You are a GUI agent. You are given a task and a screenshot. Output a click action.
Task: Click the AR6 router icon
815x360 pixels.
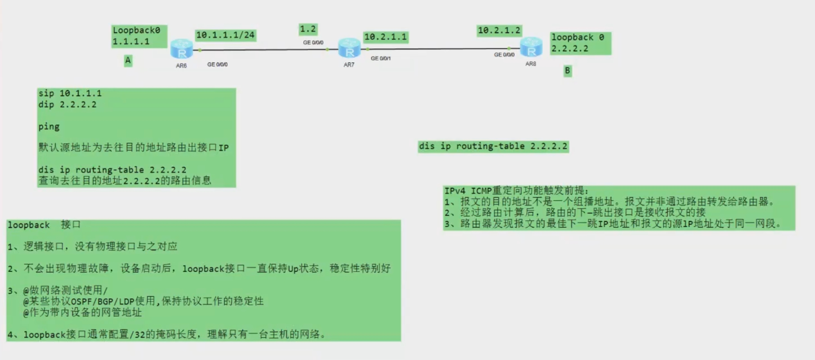point(181,49)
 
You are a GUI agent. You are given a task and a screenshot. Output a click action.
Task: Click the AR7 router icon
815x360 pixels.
point(349,48)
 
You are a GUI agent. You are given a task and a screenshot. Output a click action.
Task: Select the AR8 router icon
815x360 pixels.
point(531,47)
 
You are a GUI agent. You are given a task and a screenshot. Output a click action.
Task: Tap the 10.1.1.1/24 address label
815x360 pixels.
point(225,35)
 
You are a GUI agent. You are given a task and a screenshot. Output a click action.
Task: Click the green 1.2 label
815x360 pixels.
point(308,29)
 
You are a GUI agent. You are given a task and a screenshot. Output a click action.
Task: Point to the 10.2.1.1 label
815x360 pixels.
point(386,37)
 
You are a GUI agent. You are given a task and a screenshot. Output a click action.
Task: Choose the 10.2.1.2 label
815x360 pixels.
point(499,30)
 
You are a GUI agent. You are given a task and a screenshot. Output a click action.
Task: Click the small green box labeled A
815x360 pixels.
point(128,61)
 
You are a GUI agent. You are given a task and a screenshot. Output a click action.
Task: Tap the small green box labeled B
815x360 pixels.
point(568,71)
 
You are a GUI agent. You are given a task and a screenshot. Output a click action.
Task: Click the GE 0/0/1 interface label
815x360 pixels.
point(381,58)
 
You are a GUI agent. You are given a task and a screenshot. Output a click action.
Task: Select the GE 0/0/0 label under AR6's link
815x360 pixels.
point(217,64)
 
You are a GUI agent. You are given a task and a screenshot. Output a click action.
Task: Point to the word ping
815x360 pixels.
point(49,126)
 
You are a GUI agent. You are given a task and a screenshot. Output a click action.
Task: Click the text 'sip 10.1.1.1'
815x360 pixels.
point(70,93)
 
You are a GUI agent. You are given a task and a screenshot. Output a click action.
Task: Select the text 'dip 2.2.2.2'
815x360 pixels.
point(67,105)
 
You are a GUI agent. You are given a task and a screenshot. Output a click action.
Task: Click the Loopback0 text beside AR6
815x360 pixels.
point(136,30)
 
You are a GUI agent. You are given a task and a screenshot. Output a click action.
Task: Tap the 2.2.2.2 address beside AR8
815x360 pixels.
point(570,48)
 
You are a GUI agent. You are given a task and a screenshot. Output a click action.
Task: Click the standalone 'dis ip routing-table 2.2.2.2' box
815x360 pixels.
point(493,146)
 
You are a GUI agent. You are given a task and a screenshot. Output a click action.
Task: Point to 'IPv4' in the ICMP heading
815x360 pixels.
point(455,191)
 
